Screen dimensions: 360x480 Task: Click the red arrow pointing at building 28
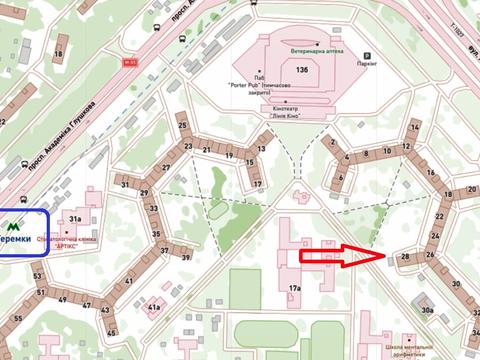(x=341, y=257)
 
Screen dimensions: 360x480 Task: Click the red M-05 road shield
(x=129, y=62)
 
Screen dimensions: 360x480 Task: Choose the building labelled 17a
(x=295, y=288)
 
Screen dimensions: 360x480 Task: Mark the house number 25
(x=183, y=126)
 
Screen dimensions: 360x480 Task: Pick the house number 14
(x=413, y=128)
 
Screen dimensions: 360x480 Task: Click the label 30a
(x=427, y=311)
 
